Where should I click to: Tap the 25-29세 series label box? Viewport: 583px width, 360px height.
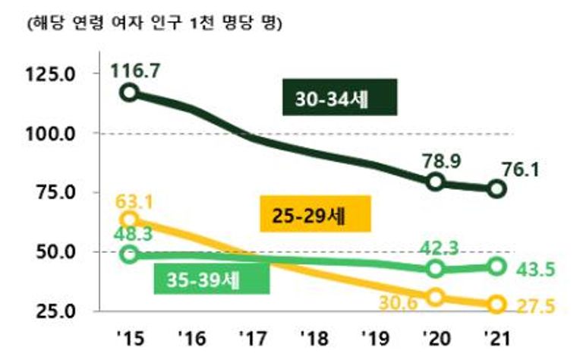click(317, 215)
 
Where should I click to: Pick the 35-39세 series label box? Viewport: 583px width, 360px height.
click(211, 279)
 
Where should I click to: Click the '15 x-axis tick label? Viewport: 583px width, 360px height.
click(129, 338)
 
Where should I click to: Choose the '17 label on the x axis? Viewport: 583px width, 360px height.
click(252, 338)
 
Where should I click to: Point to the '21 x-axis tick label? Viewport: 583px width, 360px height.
click(496, 338)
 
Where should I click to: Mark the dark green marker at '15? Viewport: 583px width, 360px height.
click(130, 93)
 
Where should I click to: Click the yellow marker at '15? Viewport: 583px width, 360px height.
click(130, 220)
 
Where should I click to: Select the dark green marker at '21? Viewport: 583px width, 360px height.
click(496, 189)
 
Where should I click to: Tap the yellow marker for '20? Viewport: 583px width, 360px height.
click(435, 297)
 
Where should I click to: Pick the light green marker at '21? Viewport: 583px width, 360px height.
click(496, 266)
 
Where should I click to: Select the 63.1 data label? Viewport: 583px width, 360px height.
click(136, 203)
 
